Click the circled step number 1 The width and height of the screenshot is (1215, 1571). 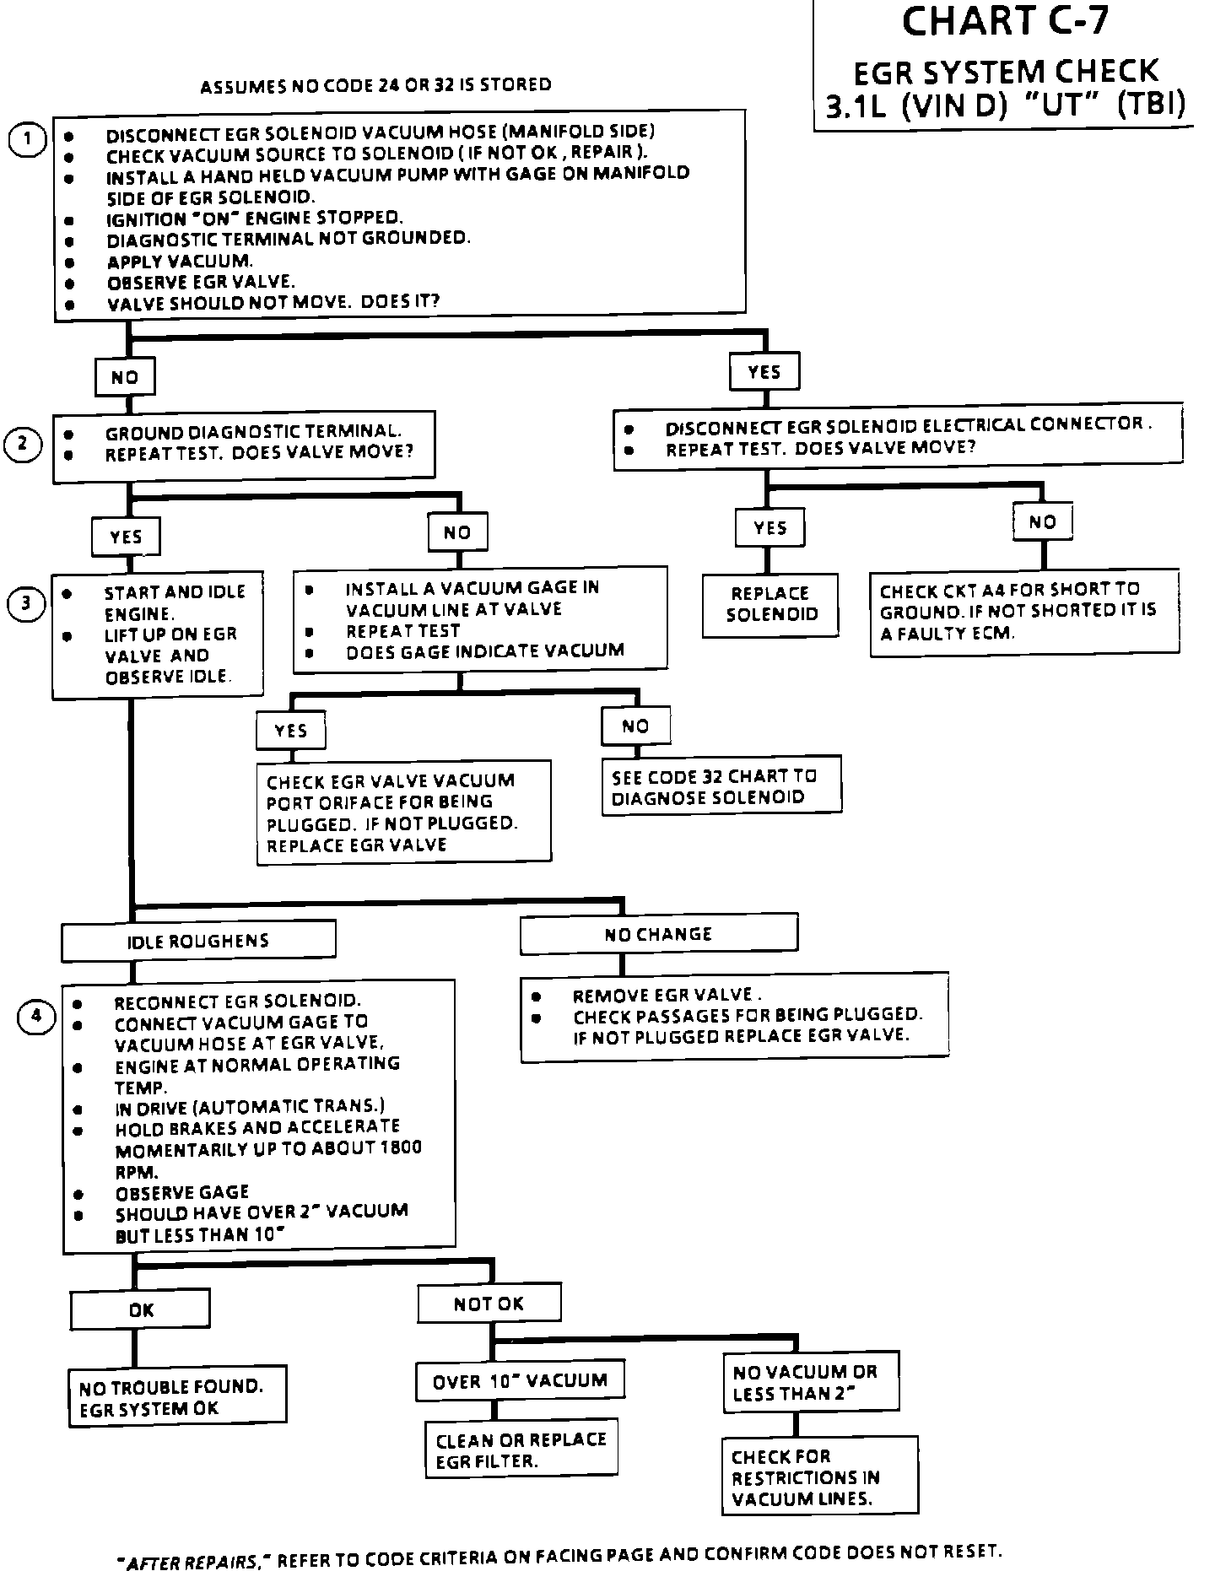click(x=27, y=140)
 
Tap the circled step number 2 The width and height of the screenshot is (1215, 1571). click(x=24, y=445)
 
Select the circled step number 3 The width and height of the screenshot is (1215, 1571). click(x=25, y=603)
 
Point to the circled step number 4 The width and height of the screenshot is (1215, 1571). click(x=35, y=1018)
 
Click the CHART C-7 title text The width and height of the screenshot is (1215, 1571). click(x=1004, y=22)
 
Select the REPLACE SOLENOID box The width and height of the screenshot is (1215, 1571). click(x=770, y=604)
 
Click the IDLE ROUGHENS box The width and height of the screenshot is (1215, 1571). click(x=198, y=941)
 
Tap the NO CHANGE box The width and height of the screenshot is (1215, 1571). click(x=658, y=934)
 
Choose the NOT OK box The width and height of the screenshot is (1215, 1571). click(x=489, y=1304)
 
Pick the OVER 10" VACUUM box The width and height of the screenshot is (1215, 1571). click(x=520, y=1381)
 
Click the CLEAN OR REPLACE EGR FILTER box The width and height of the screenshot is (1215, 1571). click(x=521, y=1450)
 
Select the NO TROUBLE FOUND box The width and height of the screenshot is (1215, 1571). click(x=177, y=1397)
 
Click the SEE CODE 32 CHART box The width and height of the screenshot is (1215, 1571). click(x=721, y=785)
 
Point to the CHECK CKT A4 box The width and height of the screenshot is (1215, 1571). click(x=1024, y=612)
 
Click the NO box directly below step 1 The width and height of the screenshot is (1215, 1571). click(x=125, y=377)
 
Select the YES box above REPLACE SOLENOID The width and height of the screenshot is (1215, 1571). click(x=769, y=528)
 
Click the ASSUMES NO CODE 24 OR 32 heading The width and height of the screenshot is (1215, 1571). click(x=375, y=85)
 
